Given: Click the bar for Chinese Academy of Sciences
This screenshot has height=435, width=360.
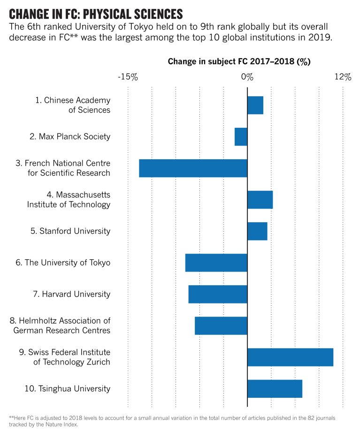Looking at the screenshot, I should point(255,105).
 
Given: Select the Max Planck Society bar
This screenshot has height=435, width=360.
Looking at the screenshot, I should point(241,137).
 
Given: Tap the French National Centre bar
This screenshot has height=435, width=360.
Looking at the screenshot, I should point(193,168).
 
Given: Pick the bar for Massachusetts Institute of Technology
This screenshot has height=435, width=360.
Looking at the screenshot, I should point(260,200).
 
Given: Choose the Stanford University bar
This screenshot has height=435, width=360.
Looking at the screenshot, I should point(257,231).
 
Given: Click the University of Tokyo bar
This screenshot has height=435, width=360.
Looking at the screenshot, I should point(216,263).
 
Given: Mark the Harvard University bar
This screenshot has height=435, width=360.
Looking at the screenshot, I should point(218,294).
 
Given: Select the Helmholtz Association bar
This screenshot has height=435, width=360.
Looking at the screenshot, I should point(221,326).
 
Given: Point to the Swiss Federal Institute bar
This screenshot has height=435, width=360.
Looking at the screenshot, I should point(290,357).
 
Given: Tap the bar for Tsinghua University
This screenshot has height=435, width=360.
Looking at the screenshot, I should point(275,388).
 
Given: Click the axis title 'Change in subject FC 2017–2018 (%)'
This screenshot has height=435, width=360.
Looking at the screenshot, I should point(239,62).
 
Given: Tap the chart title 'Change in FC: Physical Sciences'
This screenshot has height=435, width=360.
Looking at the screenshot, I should point(96,13).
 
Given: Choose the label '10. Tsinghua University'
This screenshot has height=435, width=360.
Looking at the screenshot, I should point(67,388).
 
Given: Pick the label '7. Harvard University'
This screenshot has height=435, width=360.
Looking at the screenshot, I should point(72,294).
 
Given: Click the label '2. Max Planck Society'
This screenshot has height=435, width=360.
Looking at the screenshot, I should point(70,137).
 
